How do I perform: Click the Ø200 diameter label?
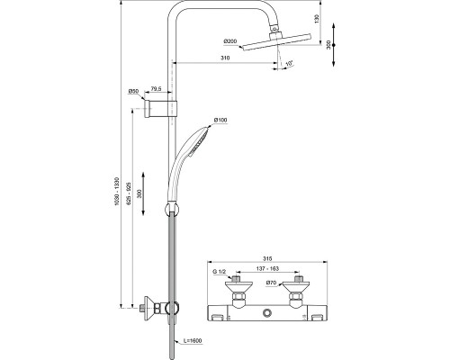click(231, 41)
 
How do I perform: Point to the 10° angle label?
click(289, 64)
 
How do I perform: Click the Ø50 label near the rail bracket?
click(132, 90)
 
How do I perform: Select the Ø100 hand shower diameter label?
click(220, 121)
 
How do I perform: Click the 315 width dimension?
click(267, 254)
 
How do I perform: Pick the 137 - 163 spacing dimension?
click(267, 270)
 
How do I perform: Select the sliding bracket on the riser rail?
click(171, 108)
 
